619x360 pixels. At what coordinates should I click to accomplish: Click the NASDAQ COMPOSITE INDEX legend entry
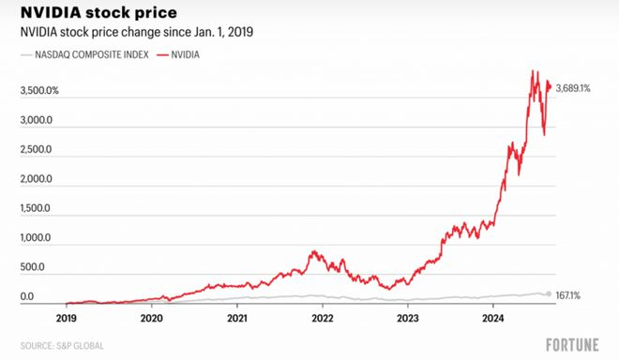pos(85,55)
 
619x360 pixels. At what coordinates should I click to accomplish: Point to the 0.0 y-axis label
pos(27,296)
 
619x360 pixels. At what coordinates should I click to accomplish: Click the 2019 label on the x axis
pos(67,317)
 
